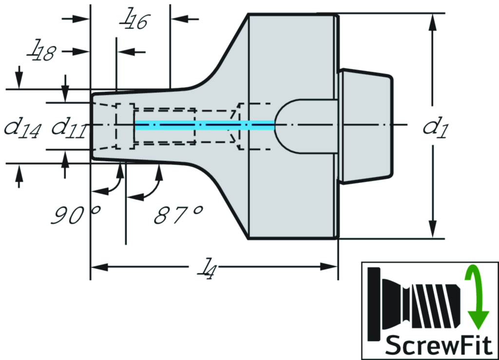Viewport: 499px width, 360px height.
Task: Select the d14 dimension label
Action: click(22, 127)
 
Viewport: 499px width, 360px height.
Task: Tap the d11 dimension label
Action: click(69, 127)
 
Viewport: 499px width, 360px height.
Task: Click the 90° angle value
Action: click(76, 215)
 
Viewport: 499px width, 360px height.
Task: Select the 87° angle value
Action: click(178, 215)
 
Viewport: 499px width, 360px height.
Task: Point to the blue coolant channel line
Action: click(205, 125)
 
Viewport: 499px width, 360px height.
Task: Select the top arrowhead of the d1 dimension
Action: click(432, 21)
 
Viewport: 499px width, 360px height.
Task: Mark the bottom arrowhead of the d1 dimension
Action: click(432, 231)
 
